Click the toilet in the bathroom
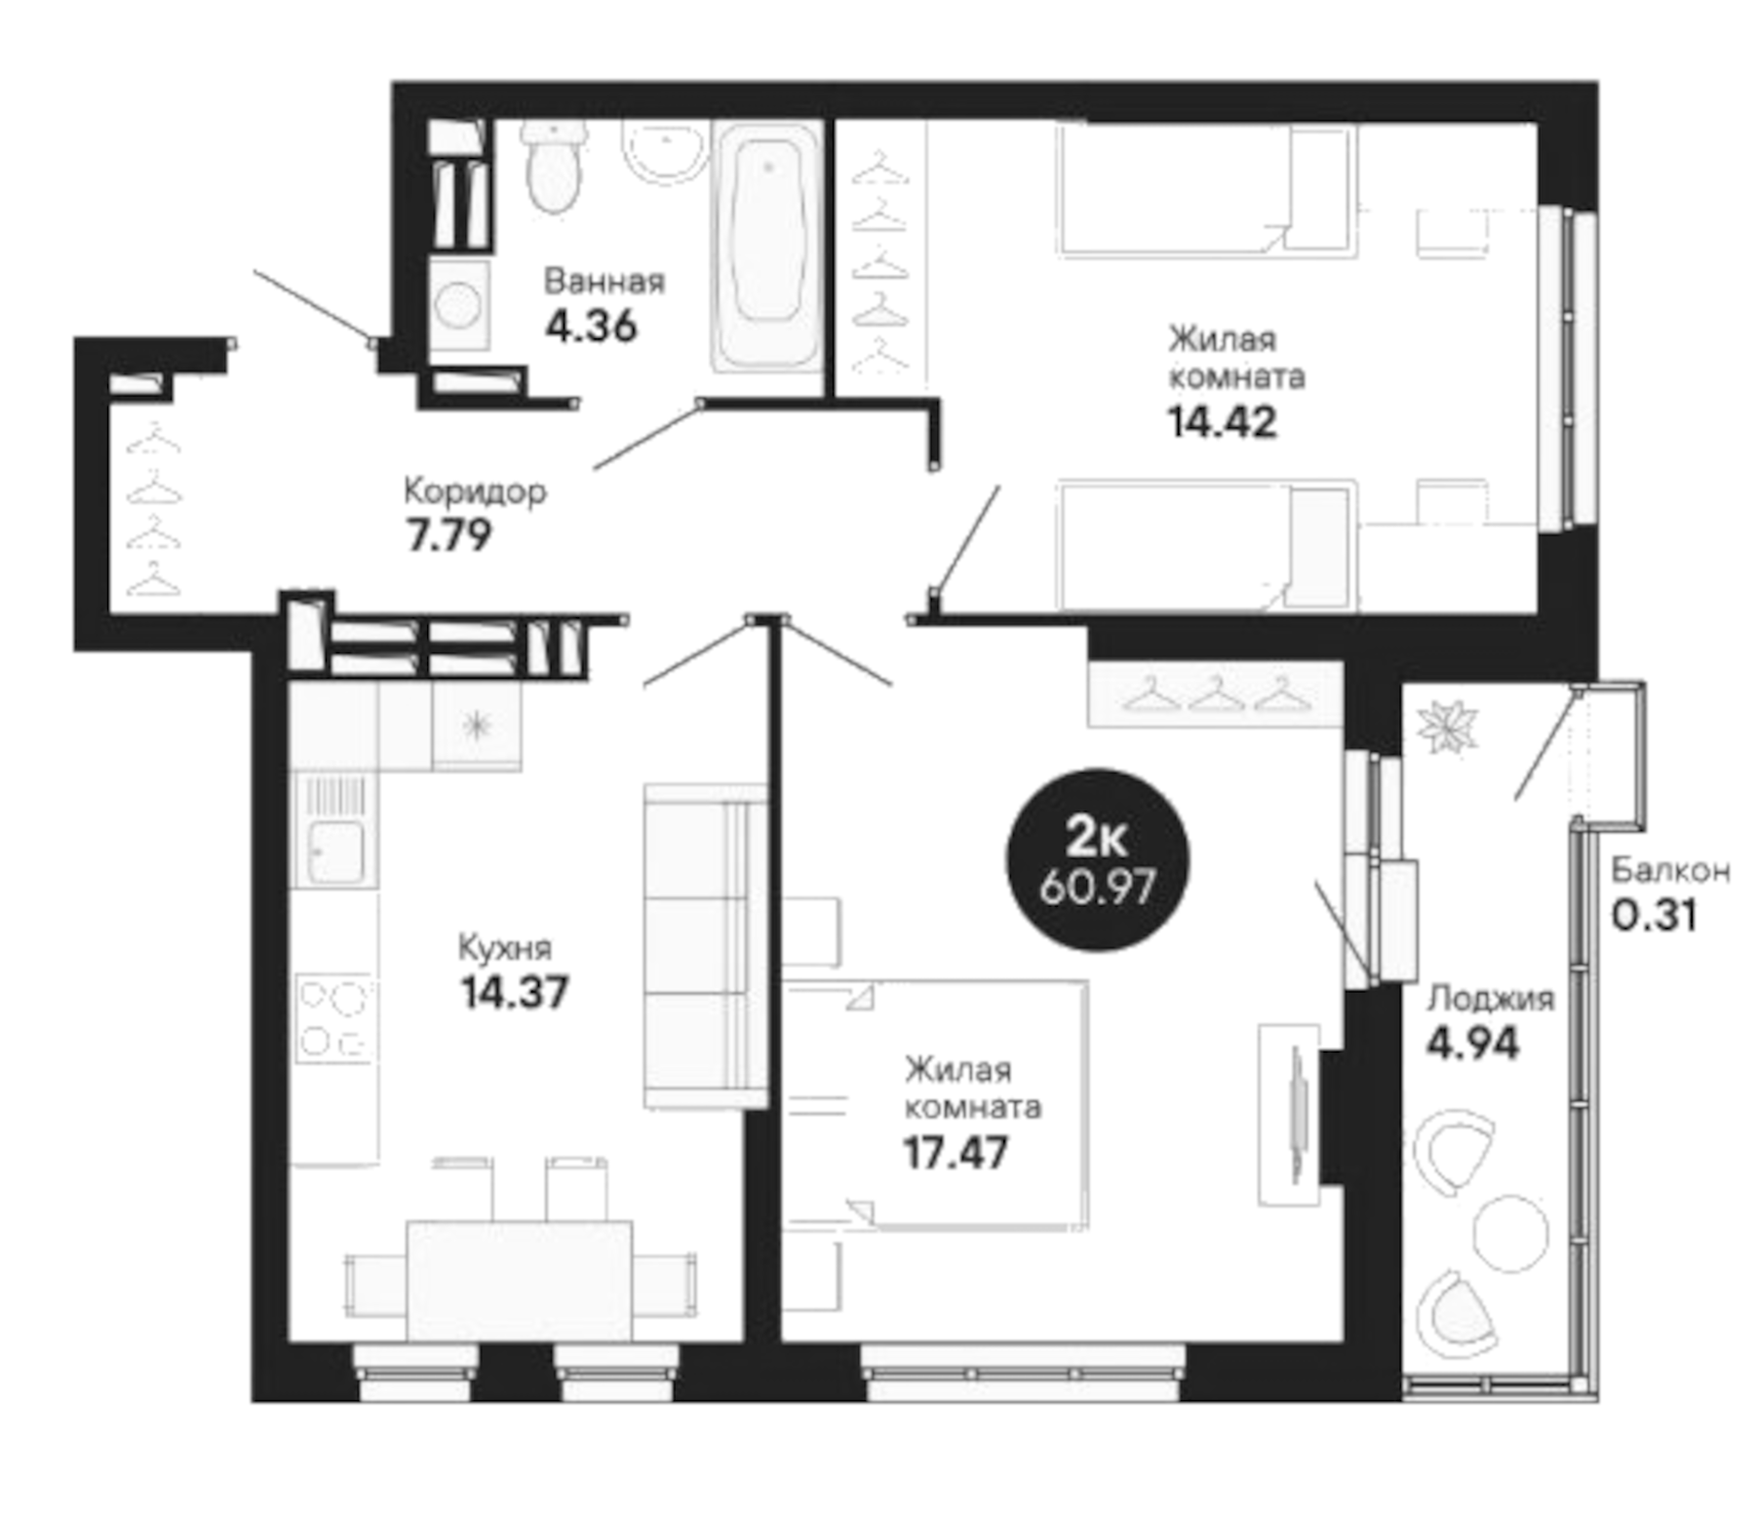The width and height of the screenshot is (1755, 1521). (x=554, y=168)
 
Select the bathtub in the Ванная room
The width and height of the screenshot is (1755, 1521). (x=767, y=244)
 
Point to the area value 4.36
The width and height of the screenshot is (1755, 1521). (x=591, y=326)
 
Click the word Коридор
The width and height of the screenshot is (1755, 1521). (x=475, y=490)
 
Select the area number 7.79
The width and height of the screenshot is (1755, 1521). (x=448, y=535)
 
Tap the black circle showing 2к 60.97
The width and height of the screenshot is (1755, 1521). (x=1097, y=859)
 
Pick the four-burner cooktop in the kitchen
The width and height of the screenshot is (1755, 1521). (x=333, y=1019)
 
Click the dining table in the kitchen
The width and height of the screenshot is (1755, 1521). (x=519, y=1281)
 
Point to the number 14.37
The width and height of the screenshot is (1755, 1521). (x=514, y=993)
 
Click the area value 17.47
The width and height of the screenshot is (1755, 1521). (x=955, y=1153)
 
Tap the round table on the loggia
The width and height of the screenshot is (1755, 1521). (x=1510, y=1233)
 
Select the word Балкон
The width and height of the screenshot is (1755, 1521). (x=1669, y=870)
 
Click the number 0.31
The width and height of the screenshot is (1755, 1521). (x=1654, y=915)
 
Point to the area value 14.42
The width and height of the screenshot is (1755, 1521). (x=1222, y=422)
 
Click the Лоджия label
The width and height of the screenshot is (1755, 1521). (x=1490, y=998)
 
